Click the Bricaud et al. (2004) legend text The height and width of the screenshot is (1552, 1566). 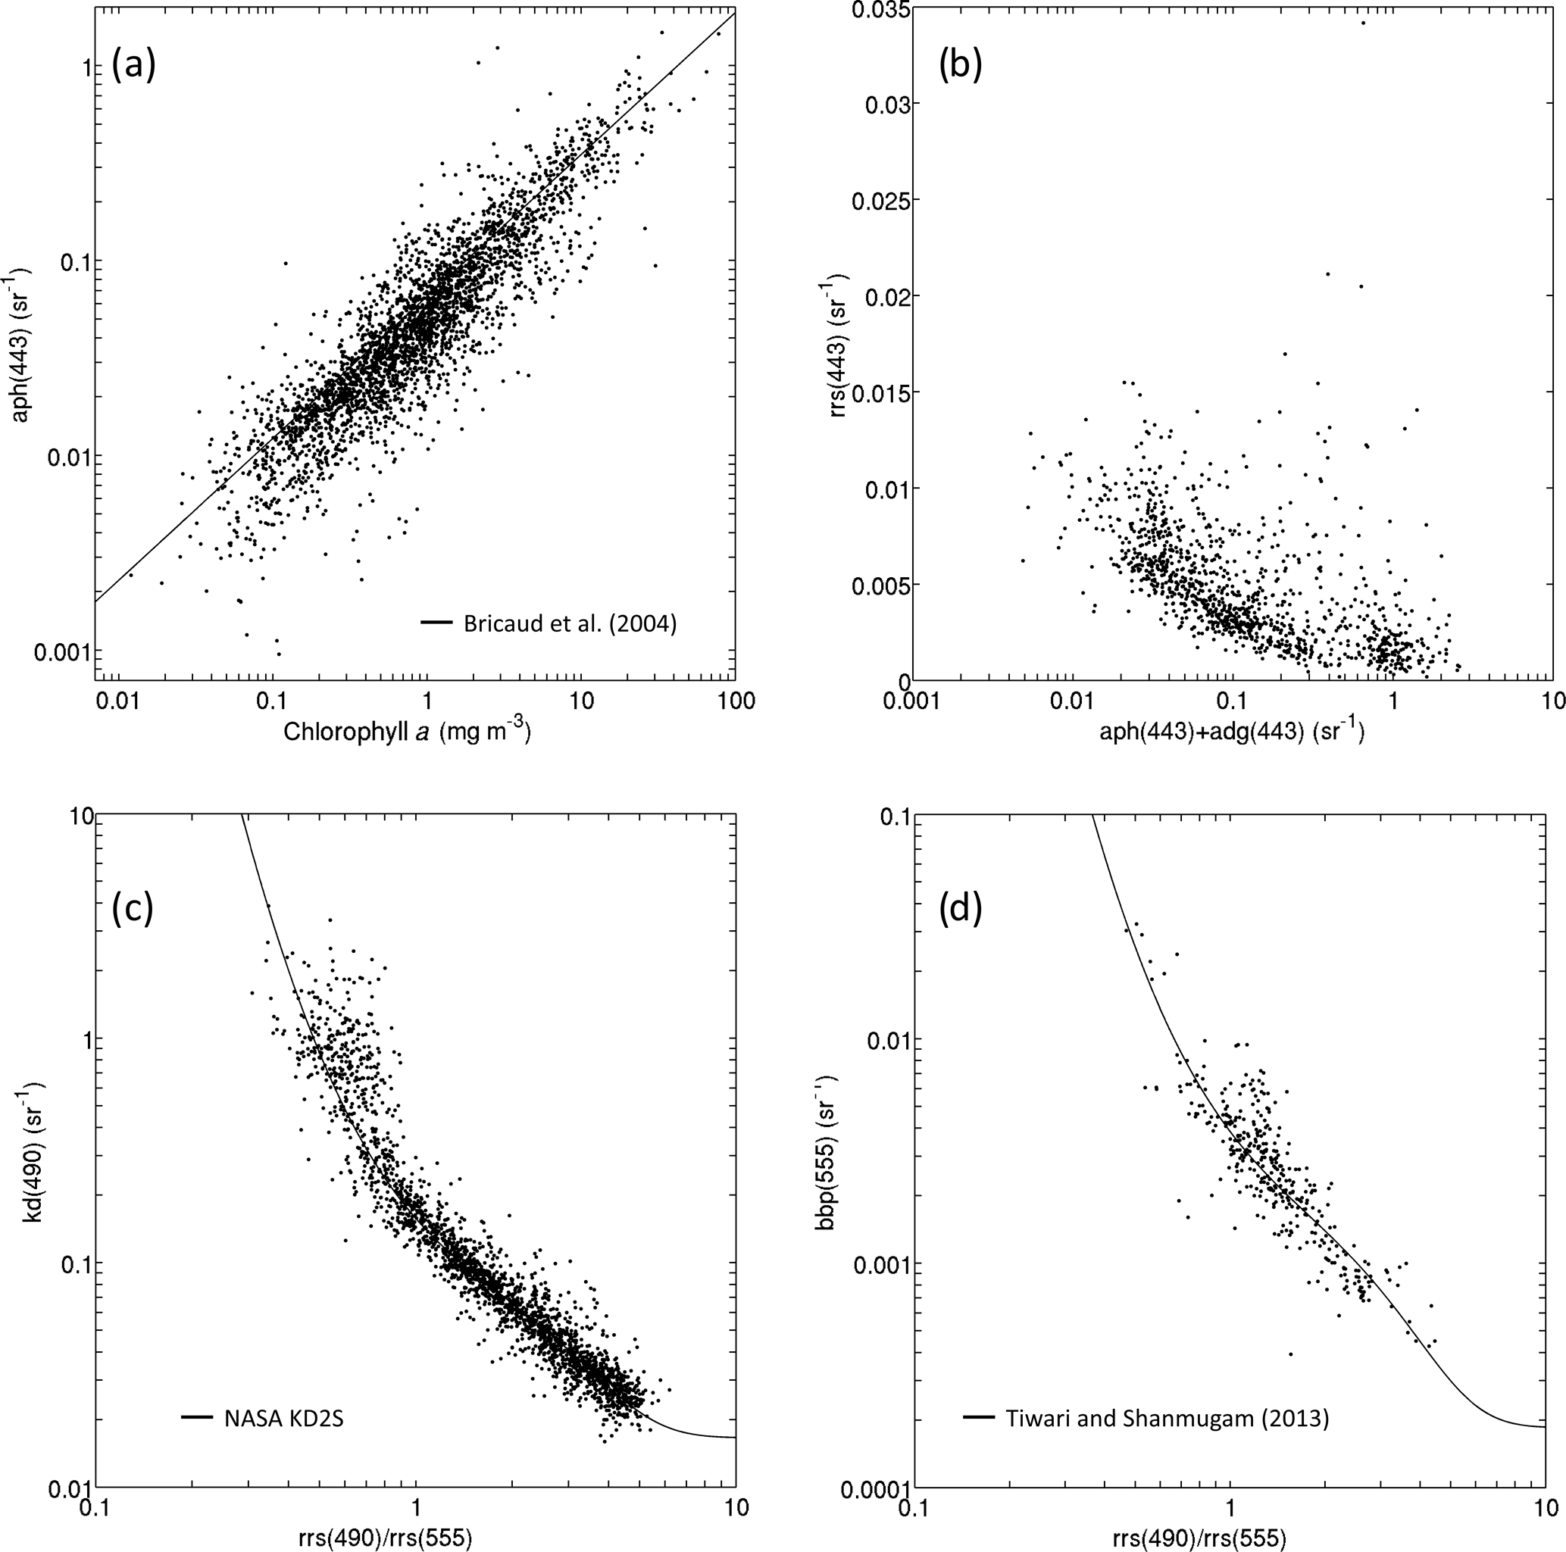click(x=570, y=623)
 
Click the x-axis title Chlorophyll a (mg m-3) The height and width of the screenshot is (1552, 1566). click(x=407, y=732)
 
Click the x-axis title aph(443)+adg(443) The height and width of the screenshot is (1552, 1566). click(x=1231, y=732)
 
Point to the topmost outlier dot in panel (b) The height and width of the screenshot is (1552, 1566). click(x=1364, y=23)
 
